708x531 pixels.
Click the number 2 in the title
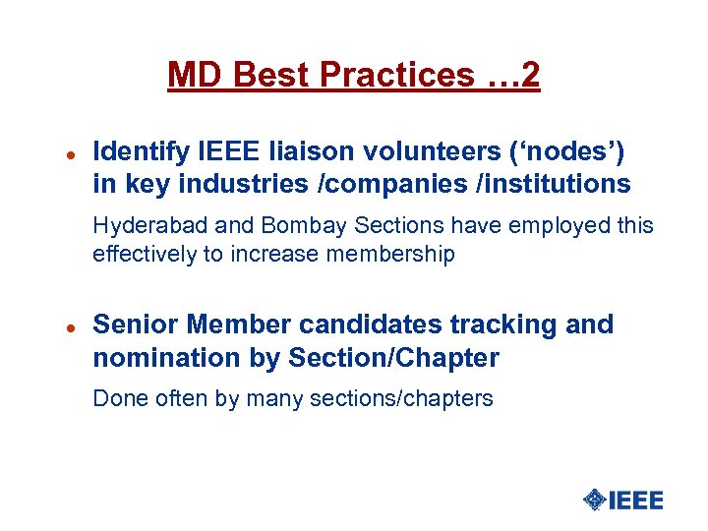click(x=529, y=75)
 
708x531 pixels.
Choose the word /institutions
click(x=545, y=184)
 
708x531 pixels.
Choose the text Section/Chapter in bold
click(x=393, y=358)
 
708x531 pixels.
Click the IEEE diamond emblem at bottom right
click(x=594, y=500)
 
